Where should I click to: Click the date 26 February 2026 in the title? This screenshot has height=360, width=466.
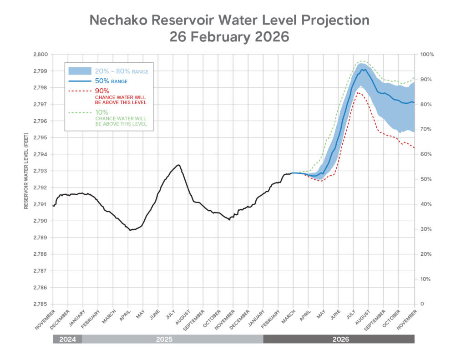229,37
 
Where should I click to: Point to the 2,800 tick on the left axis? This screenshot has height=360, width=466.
40,55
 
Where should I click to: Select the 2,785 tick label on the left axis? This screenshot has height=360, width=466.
40,304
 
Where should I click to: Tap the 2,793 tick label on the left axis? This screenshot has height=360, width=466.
40,171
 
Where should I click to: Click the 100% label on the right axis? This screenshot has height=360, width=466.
427,55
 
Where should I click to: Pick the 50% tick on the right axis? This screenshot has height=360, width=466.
426,179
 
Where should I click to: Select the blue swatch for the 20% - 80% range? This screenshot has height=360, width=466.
80,71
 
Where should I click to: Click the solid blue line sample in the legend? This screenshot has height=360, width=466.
80,81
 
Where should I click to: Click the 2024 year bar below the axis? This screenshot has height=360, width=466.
67,339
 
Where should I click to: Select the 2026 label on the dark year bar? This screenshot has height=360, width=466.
339,339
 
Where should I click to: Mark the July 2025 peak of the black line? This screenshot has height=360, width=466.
178,165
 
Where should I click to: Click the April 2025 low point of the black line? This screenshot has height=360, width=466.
130,230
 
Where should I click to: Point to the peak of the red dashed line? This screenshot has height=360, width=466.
358,93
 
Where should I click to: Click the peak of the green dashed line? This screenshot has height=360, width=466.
362,61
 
